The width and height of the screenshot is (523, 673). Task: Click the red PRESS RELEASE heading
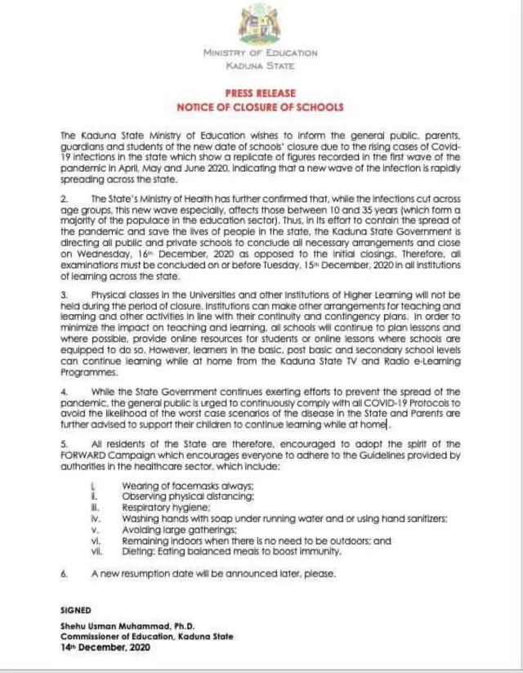tap(261, 93)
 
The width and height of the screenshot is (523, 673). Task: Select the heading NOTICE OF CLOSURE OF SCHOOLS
tap(261, 107)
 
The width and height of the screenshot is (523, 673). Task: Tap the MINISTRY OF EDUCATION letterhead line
tap(261, 53)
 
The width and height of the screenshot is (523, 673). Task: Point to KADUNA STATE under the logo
tap(261, 65)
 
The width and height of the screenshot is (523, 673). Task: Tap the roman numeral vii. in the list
tap(94, 552)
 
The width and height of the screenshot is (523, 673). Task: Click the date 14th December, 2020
tap(106, 647)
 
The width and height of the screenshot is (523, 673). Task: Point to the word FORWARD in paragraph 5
tap(84, 454)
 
